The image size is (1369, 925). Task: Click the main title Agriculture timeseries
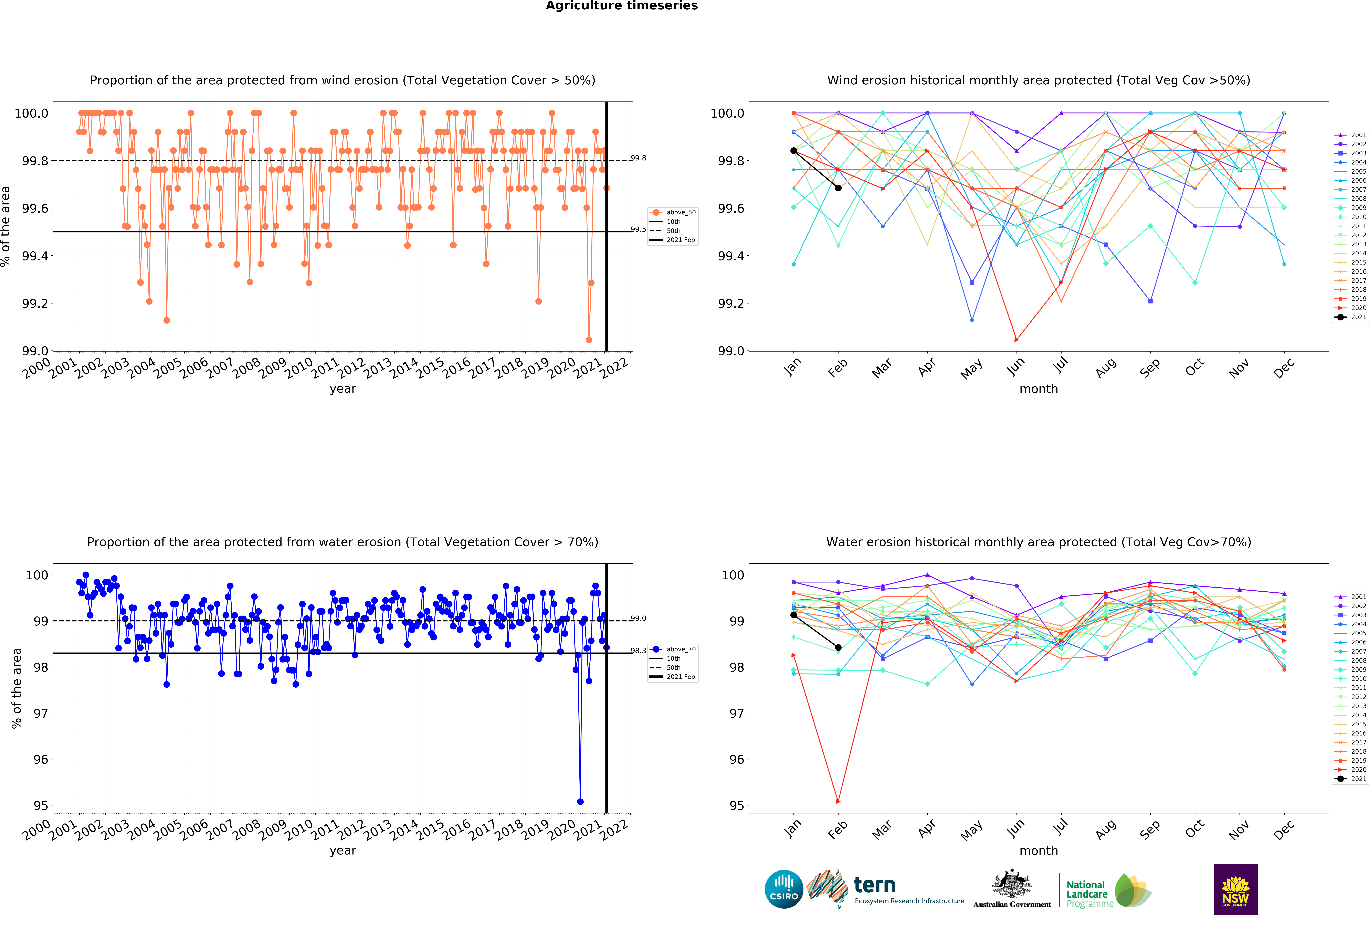(x=621, y=6)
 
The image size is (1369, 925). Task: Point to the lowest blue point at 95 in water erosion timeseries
(x=580, y=801)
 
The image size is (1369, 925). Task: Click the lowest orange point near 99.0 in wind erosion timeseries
(x=589, y=340)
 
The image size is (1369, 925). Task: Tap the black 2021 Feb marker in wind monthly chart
(x=838, y=188)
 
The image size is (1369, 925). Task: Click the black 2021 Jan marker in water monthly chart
(x=793, y=615)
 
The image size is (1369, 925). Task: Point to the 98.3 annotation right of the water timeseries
(x=639, y=651)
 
